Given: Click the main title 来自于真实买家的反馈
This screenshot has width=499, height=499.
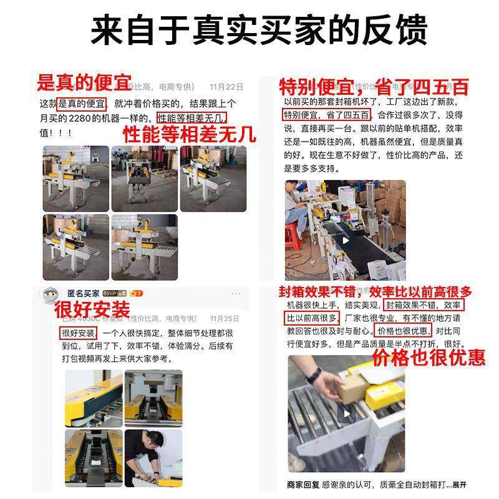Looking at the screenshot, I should coord(249,30).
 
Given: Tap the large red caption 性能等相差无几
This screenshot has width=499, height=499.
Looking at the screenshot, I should coord(189,134).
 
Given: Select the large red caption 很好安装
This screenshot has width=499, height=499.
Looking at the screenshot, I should coord(92,309).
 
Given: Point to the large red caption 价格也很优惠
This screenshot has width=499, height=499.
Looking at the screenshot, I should coord(429,357).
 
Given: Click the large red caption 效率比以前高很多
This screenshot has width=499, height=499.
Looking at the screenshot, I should coord(420,291).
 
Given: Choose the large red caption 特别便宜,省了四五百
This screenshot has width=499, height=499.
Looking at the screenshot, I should coord(373,86).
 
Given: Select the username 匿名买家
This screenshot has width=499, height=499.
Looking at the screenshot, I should coord(84,293).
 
